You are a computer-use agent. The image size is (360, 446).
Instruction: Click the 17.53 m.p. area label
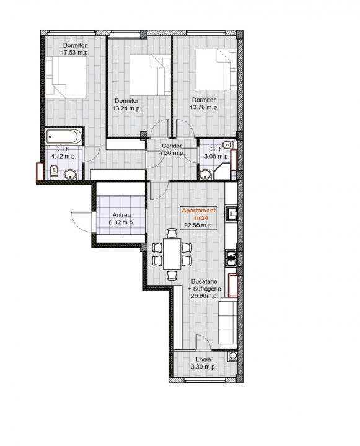tap(75, 53)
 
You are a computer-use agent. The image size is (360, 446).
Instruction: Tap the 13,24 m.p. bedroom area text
tap(127, 108)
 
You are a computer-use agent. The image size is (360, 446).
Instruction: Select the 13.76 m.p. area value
tap(204, 107)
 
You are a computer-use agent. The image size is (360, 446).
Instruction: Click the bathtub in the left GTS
tap(64, 137)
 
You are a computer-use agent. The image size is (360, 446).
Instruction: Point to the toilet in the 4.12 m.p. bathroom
tap(54, 173)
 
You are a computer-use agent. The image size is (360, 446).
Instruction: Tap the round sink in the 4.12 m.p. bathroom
tap(70, 174)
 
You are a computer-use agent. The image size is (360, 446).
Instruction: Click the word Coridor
tap(172, 146)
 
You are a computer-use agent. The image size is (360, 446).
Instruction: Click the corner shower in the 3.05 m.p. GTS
tap(222, 172)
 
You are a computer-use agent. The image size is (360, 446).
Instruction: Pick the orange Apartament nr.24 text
tap(200, 214)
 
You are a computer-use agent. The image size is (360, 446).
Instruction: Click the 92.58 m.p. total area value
tap(199, 225)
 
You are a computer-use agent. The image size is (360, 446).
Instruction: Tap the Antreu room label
tap(121, 215)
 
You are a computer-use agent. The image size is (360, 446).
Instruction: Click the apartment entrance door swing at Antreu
tap(82, 222)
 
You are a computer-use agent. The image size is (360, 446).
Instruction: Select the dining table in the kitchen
tap(172, 254)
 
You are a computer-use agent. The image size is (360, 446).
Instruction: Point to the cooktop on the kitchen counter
tap(232, 258)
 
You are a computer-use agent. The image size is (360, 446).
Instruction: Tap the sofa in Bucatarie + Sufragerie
tap(227, 324)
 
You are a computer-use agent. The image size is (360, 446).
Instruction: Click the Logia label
tap(203, 359)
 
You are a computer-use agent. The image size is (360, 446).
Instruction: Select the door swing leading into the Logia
tap(203, 342)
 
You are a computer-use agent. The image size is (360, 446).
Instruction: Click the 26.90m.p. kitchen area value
tap(204, 296)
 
